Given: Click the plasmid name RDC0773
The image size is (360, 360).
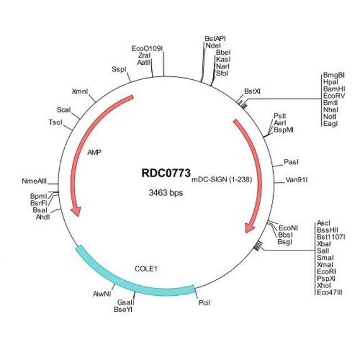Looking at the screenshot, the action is (x=166, y=173).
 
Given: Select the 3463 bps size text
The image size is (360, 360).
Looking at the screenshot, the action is (x=166, y=193).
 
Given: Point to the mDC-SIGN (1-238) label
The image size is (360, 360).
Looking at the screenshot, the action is (x=222, y=179).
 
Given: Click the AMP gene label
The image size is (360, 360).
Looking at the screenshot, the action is (x=94, y=152).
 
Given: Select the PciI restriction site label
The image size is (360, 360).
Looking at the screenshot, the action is (x=204, y=303).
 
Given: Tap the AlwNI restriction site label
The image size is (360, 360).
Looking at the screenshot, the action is (x=102, y=294).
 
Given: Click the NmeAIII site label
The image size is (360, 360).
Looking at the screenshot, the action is (x=34, y=181).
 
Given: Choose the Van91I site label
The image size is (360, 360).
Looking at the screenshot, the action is (x=296, y=180).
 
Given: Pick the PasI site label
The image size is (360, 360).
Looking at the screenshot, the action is (x=291, y=162).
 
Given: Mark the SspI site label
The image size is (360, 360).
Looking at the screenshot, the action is (x=119, y=69).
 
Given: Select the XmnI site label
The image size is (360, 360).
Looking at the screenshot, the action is (x=80, y=91).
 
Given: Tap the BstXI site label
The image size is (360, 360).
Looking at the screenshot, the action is (x=252, y=91).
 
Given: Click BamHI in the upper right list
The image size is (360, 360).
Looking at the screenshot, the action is (x=334, y=89).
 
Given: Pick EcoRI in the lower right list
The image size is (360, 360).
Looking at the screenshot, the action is (x=326, y=271).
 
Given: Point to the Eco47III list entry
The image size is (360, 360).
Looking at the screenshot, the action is (x=330, y=292).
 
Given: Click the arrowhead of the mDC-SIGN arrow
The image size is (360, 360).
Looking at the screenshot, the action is (x=249, y=228).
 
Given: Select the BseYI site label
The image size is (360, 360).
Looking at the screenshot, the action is (x=123, y=310).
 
